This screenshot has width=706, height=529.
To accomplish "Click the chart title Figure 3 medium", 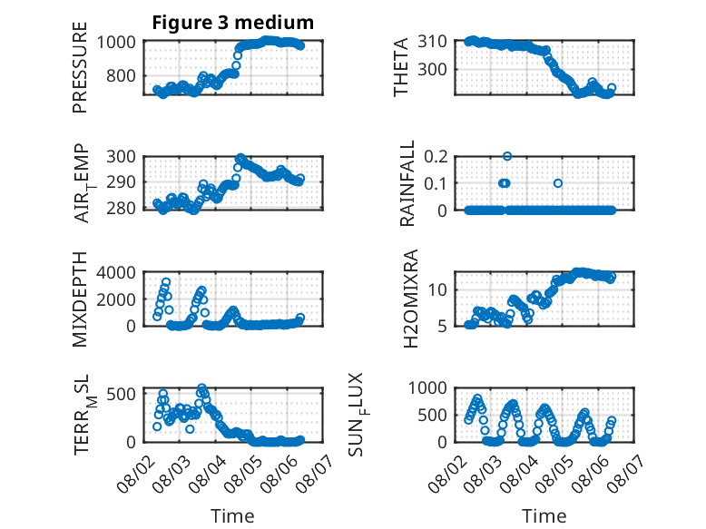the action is tap(233, 22).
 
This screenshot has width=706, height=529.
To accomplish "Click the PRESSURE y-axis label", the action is tap(79, 67).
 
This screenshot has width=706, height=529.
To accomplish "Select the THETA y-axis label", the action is tap(400, 67).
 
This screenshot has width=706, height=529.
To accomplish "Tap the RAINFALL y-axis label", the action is tap(407, 183).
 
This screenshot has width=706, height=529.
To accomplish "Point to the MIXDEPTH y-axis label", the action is tap(79, 299).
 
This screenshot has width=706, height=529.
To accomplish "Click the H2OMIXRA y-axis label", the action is tap(411, 299).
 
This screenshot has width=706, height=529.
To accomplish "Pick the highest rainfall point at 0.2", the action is tap(507, 156).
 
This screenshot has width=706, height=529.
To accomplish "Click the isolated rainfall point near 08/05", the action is tap(558, 183).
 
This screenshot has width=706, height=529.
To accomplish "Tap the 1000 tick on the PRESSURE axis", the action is tap(116, 42).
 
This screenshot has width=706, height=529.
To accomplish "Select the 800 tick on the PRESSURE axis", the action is tap(121, 75).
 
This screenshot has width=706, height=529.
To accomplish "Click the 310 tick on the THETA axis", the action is tap(432, 42).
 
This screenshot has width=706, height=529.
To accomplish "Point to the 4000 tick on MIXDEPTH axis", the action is tap(116, 272).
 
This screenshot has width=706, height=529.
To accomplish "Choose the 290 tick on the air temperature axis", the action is tap(121, 182).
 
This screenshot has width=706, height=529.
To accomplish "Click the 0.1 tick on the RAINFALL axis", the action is tap(436, 183).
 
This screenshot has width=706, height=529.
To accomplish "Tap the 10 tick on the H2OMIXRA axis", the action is tap(437, 290).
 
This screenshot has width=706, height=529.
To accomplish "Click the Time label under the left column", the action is tap(233, 516).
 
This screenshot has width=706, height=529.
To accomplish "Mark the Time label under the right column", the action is tap(544, 516).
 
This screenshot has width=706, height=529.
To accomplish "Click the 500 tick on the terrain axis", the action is tap(121, 395).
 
